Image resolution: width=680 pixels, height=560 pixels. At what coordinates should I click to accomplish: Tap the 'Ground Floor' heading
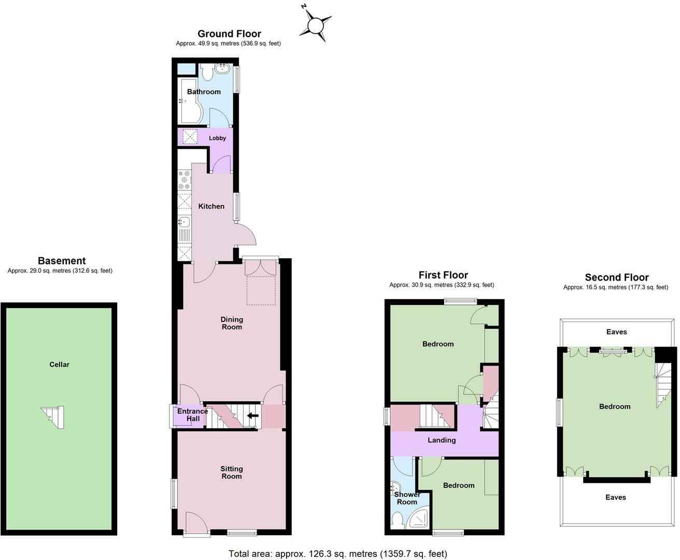tap(229, 34)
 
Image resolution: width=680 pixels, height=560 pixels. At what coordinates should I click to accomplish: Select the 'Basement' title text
tap(62, 261)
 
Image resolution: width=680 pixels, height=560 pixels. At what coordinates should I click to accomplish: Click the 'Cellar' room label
tap(59, 365)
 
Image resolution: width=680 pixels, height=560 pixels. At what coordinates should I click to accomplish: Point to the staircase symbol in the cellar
tap(53, 416)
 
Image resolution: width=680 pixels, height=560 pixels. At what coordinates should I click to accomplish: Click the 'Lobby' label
tap(217, 138)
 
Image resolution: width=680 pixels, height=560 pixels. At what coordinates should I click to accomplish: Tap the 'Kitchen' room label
tap(211, 206)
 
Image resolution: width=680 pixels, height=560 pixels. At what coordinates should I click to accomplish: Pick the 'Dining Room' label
tap(232, 323)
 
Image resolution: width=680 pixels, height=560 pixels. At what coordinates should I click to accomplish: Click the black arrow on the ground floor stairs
tap(253, 415)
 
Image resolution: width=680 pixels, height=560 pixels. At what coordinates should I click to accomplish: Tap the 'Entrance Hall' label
tap(192, 415)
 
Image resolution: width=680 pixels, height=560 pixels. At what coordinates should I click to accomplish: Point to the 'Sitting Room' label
tap(232, 472)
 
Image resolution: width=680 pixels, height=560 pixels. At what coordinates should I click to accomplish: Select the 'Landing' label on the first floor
tap(442, 440)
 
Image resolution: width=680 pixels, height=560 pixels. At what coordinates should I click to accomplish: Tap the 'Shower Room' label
tap(407, 498)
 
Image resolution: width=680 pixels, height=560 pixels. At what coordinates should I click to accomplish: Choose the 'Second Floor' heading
tap(616, 277)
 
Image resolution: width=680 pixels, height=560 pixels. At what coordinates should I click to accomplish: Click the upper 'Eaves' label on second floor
tap(616, 332)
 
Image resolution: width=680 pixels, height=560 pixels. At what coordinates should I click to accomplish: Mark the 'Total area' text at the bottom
tap(337, 554)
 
